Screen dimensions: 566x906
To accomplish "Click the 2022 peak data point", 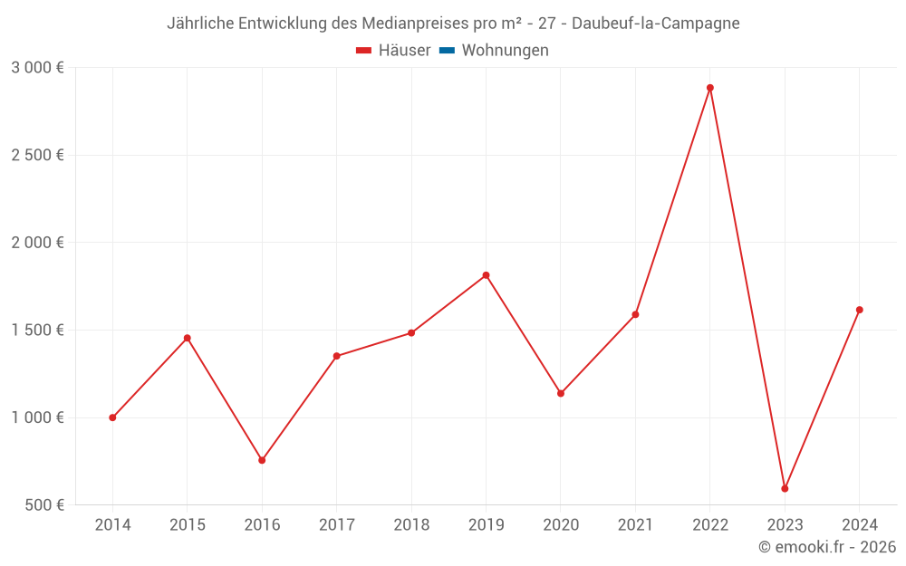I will [710, 88].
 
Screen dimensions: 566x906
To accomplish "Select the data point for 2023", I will [785, 489].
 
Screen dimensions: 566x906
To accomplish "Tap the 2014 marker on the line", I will [112, 417].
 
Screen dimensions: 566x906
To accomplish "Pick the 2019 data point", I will [486, 275].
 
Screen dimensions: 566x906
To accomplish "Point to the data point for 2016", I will [262, 460].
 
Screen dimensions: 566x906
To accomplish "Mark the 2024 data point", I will [859, 310].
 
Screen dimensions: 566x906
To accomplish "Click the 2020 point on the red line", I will [561, 393].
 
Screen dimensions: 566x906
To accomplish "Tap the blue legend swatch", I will [447, 51].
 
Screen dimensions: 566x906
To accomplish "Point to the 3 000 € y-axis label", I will [37, 68].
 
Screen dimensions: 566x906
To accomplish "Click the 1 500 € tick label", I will [37, 331].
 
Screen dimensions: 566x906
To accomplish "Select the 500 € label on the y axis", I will [43, 505].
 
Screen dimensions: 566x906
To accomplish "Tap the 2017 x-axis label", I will [336, 525].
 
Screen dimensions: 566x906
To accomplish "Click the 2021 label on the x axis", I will [635, 525].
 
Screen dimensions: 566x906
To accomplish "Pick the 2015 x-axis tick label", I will [188, 525].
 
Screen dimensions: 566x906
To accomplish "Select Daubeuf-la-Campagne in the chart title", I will [656, 24].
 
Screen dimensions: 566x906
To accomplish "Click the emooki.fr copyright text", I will [827, 547].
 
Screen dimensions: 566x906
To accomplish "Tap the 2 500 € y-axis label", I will [37, 156].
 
